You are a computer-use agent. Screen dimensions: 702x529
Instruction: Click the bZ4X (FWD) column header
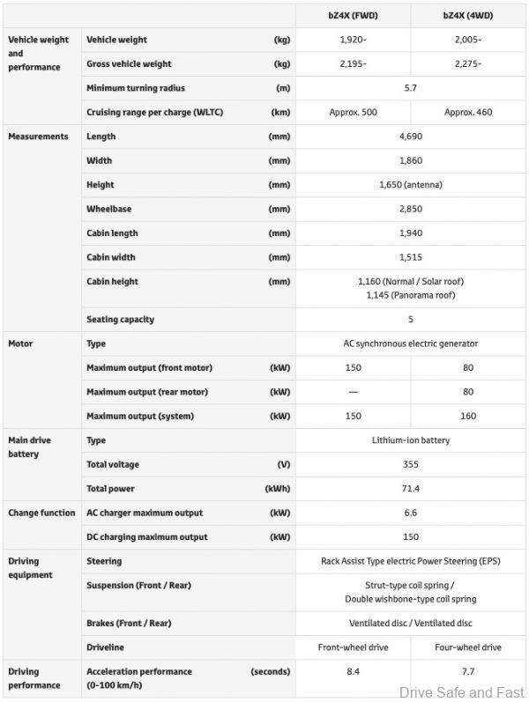pos(353,15)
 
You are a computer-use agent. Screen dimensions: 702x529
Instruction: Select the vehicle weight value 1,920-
pos(353,40)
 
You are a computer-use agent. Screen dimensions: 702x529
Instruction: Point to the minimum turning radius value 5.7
pos(410,88)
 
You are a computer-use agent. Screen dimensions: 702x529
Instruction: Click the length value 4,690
pos(410,137)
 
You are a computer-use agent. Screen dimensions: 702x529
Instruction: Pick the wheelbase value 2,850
pos(410,210)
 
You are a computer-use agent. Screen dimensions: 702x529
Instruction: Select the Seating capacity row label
pos(120,319)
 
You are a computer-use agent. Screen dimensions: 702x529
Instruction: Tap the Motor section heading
pos(20,344)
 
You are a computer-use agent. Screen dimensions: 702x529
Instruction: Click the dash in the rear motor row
pos(353,392)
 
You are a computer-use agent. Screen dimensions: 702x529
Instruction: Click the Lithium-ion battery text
pos(410,440)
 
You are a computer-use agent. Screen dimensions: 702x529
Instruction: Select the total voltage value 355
pos(410,464)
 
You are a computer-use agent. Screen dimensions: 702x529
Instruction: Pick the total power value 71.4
pos(410,489)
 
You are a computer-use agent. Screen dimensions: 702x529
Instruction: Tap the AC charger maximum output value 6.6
pos(410,513)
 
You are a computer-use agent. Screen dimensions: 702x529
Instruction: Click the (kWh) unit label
pos(277,489)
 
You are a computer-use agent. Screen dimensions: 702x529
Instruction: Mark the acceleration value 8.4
pos(353,671)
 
